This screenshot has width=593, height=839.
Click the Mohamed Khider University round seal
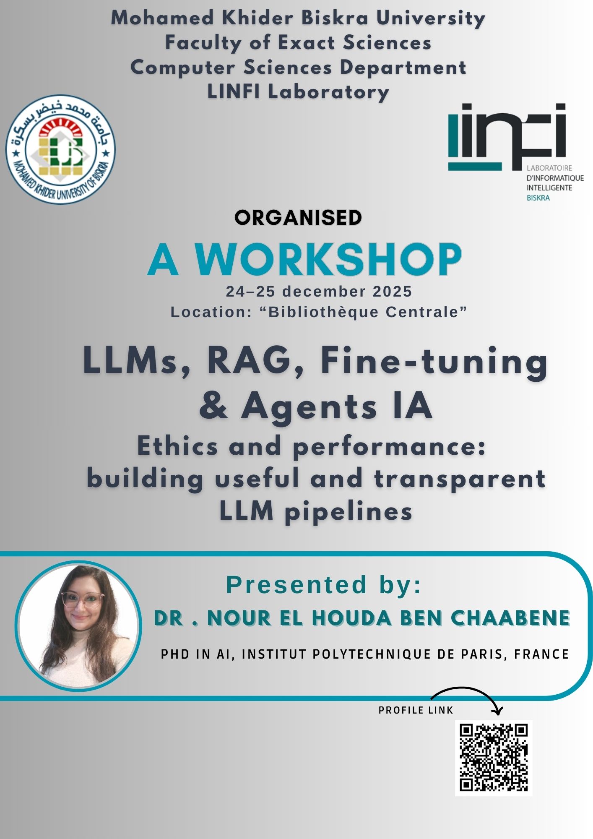[60, 149]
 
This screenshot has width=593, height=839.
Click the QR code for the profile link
[494, 758]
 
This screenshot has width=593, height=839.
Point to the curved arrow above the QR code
[466, 688]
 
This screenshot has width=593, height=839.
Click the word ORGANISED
[298, 217]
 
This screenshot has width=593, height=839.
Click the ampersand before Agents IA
[214, 406]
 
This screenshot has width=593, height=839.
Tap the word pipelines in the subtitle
[348, 512]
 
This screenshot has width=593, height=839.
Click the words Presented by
[323, 585]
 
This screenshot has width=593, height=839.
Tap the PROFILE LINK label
[416, 710]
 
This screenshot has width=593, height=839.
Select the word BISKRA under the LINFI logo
[538, 198]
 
